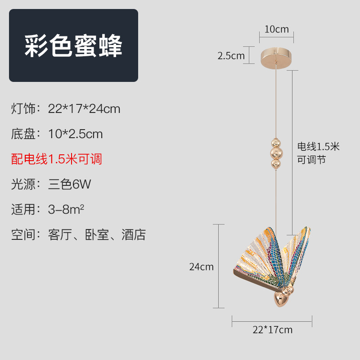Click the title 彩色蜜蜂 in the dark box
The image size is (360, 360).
(73, 45)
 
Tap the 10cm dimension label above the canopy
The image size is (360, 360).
(276, 30)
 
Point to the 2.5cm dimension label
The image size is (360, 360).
(231, 56)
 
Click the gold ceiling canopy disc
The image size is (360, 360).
(276, 58)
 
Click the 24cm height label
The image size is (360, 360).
(201, 266)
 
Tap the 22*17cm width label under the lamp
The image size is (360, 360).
(272, 330)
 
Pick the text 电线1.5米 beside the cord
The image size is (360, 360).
(318, 147)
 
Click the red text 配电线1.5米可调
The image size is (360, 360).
(57, 159)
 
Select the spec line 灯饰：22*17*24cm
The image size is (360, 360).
(66, 109)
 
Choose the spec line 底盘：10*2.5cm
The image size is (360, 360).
(57, 134)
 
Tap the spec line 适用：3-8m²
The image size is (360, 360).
(48, 209)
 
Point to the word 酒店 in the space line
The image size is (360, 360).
(134, 234)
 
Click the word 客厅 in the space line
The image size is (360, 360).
(60, 234)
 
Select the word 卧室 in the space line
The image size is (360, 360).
(97, 234)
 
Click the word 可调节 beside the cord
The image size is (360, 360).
(311, 160)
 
